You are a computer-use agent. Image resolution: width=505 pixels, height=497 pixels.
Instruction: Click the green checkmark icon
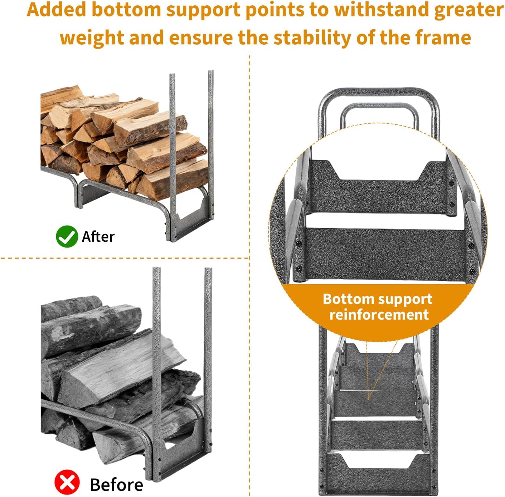[x=67, y=236]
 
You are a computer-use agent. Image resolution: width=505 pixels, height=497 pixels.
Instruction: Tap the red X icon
[x=67, y=482]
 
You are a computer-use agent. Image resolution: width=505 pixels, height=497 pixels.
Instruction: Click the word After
[x=98, y=237]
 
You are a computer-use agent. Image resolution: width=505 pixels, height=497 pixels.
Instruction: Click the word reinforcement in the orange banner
[x=379, y=315]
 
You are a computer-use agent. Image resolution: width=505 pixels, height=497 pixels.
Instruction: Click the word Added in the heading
[x=57, y=10]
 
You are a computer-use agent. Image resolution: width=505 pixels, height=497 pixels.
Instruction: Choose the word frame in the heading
[x=443, y=38]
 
